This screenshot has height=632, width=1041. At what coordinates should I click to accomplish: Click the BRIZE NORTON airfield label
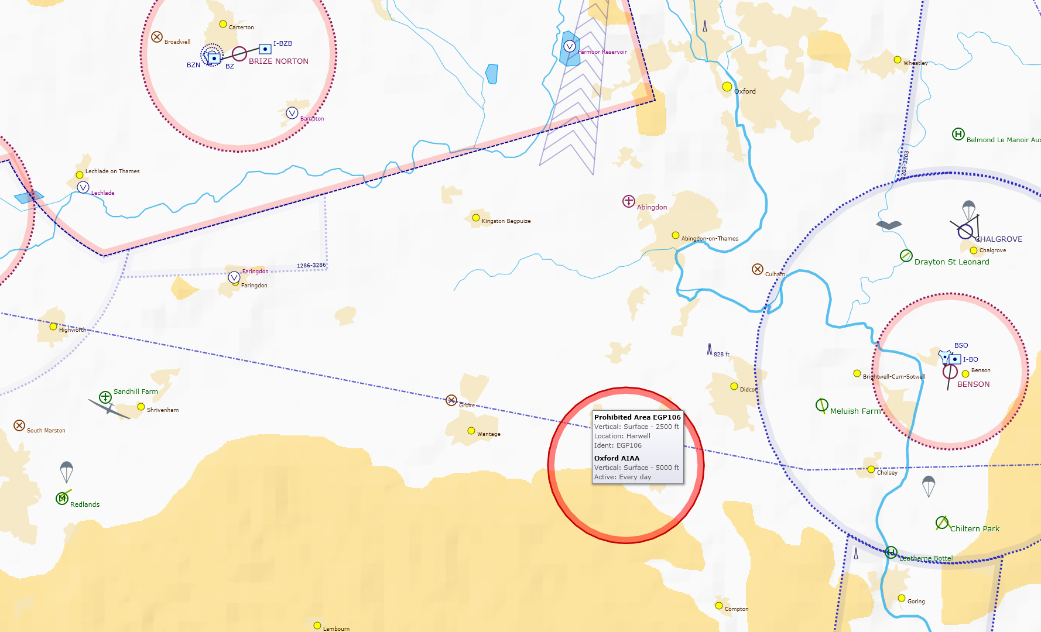click(278, 61)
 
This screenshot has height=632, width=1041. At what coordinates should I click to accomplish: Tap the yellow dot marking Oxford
click(727, 87)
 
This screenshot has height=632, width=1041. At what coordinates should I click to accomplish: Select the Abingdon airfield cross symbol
click(628, 201)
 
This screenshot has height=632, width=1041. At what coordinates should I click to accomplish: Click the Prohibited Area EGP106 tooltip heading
click(637, 417)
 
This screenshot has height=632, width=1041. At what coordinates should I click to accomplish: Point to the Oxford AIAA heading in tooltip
click(617, 458)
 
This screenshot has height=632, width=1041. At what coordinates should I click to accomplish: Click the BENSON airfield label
click(973, 384)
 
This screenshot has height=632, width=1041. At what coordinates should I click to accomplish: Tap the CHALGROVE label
click(999, 239)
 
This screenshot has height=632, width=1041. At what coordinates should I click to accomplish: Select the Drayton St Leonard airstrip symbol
click(906, 256)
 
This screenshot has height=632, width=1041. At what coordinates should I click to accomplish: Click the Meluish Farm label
click(855, 411)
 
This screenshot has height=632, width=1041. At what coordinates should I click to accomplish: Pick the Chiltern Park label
click(974, 529)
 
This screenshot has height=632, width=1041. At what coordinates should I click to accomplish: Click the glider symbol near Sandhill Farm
click(109, 408)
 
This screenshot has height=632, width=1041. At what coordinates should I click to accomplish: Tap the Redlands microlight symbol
click(62, 498)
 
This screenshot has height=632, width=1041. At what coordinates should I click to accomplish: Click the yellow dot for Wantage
click(471, 431)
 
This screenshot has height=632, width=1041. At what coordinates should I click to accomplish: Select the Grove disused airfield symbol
click(451, 400)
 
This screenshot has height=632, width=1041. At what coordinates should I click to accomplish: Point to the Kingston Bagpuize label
click(506, 221)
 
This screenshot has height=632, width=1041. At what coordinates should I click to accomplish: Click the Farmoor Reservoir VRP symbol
click(569, 46)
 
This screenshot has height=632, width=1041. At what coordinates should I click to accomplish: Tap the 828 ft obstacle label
click(721, 355)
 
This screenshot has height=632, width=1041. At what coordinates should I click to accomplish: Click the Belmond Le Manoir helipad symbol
click(958, 134)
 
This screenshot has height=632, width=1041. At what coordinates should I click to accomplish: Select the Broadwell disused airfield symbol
click(157, 37)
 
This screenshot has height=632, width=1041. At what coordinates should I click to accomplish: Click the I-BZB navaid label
click(282, 44)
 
